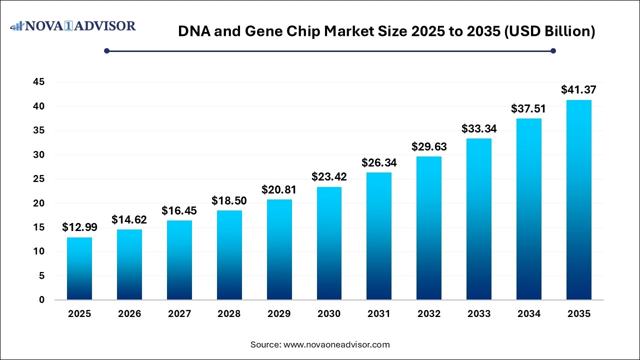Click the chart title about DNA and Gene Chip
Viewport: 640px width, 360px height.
[x=386, y=31]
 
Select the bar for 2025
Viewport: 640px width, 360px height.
[x=79, y=268]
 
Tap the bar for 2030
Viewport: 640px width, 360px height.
[x=329, y=243]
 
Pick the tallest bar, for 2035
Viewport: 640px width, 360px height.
[x=578, y=200]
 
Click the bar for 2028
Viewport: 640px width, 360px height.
[x=229, y=255]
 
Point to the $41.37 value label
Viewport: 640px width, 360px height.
[x=578, y=90]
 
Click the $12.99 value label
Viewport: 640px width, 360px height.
[x=79, y=227]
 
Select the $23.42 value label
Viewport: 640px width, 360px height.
[x=329, y=176]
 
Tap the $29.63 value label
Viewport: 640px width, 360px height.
[x=429, y=146]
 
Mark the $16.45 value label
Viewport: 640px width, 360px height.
[x=179, y=210]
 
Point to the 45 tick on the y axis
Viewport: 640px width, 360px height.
[x=39, y=82]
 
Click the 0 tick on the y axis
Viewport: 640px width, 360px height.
[x=42, y=300]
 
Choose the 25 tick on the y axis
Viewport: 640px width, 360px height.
[x=39, y=179]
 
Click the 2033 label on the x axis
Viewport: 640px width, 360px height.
[x=479, y=314]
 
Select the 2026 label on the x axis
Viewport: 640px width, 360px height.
[x=129, y=314]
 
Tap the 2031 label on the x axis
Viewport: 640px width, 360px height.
[x=379, y=314]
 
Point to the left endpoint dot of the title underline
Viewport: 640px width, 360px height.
[x=106, y=50]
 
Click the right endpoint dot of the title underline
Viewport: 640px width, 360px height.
[x=553, y=50]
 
